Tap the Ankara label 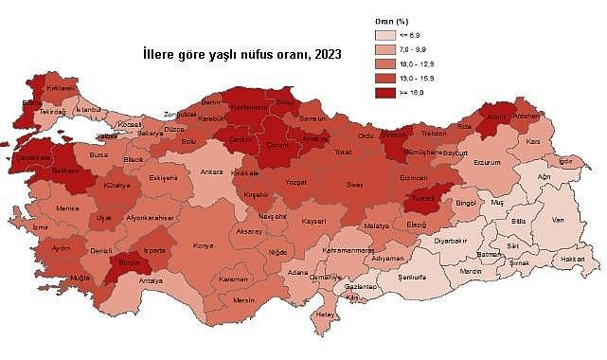tap(211, 173)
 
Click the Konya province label tap(203, 246)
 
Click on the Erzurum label tap(485, 161)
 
